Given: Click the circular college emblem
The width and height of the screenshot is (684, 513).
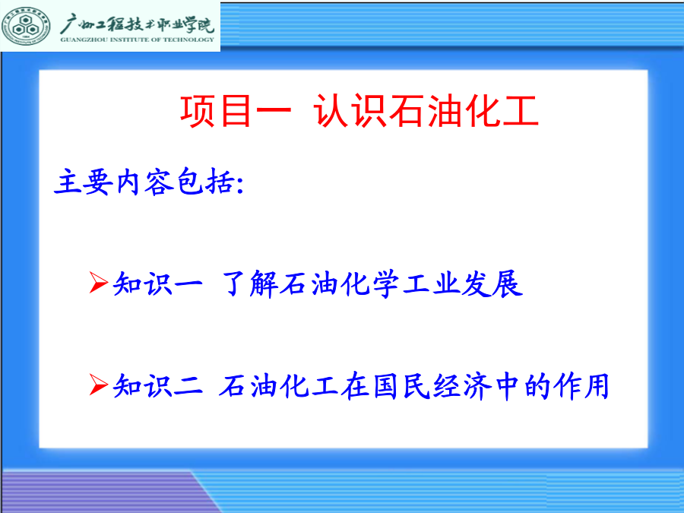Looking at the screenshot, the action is coord(26,26).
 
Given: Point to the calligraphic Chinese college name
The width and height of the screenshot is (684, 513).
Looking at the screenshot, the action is coord(138,24).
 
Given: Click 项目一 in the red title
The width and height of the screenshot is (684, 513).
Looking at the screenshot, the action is coord(236,112).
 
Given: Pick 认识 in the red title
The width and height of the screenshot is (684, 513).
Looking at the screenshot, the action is coord(350,112).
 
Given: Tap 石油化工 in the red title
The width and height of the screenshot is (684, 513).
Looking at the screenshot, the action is coord(464,112).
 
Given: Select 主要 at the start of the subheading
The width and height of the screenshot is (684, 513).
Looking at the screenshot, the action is coord(84,182).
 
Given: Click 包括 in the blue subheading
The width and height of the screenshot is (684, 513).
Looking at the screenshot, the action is coord(205,181).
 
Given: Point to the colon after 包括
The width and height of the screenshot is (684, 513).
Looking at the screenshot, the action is coord(239,184).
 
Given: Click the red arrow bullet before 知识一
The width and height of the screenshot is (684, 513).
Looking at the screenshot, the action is coord(99,282).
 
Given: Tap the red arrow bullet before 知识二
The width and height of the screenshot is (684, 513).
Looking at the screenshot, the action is coord(99,385).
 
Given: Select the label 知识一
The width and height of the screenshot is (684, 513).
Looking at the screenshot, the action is coord(158,284).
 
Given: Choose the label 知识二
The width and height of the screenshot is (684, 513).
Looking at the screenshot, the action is coord(158,386).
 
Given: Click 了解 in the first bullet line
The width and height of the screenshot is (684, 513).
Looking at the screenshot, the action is coord(250,284).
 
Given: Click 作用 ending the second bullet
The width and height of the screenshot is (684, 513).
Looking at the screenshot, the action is coord(581,386).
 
